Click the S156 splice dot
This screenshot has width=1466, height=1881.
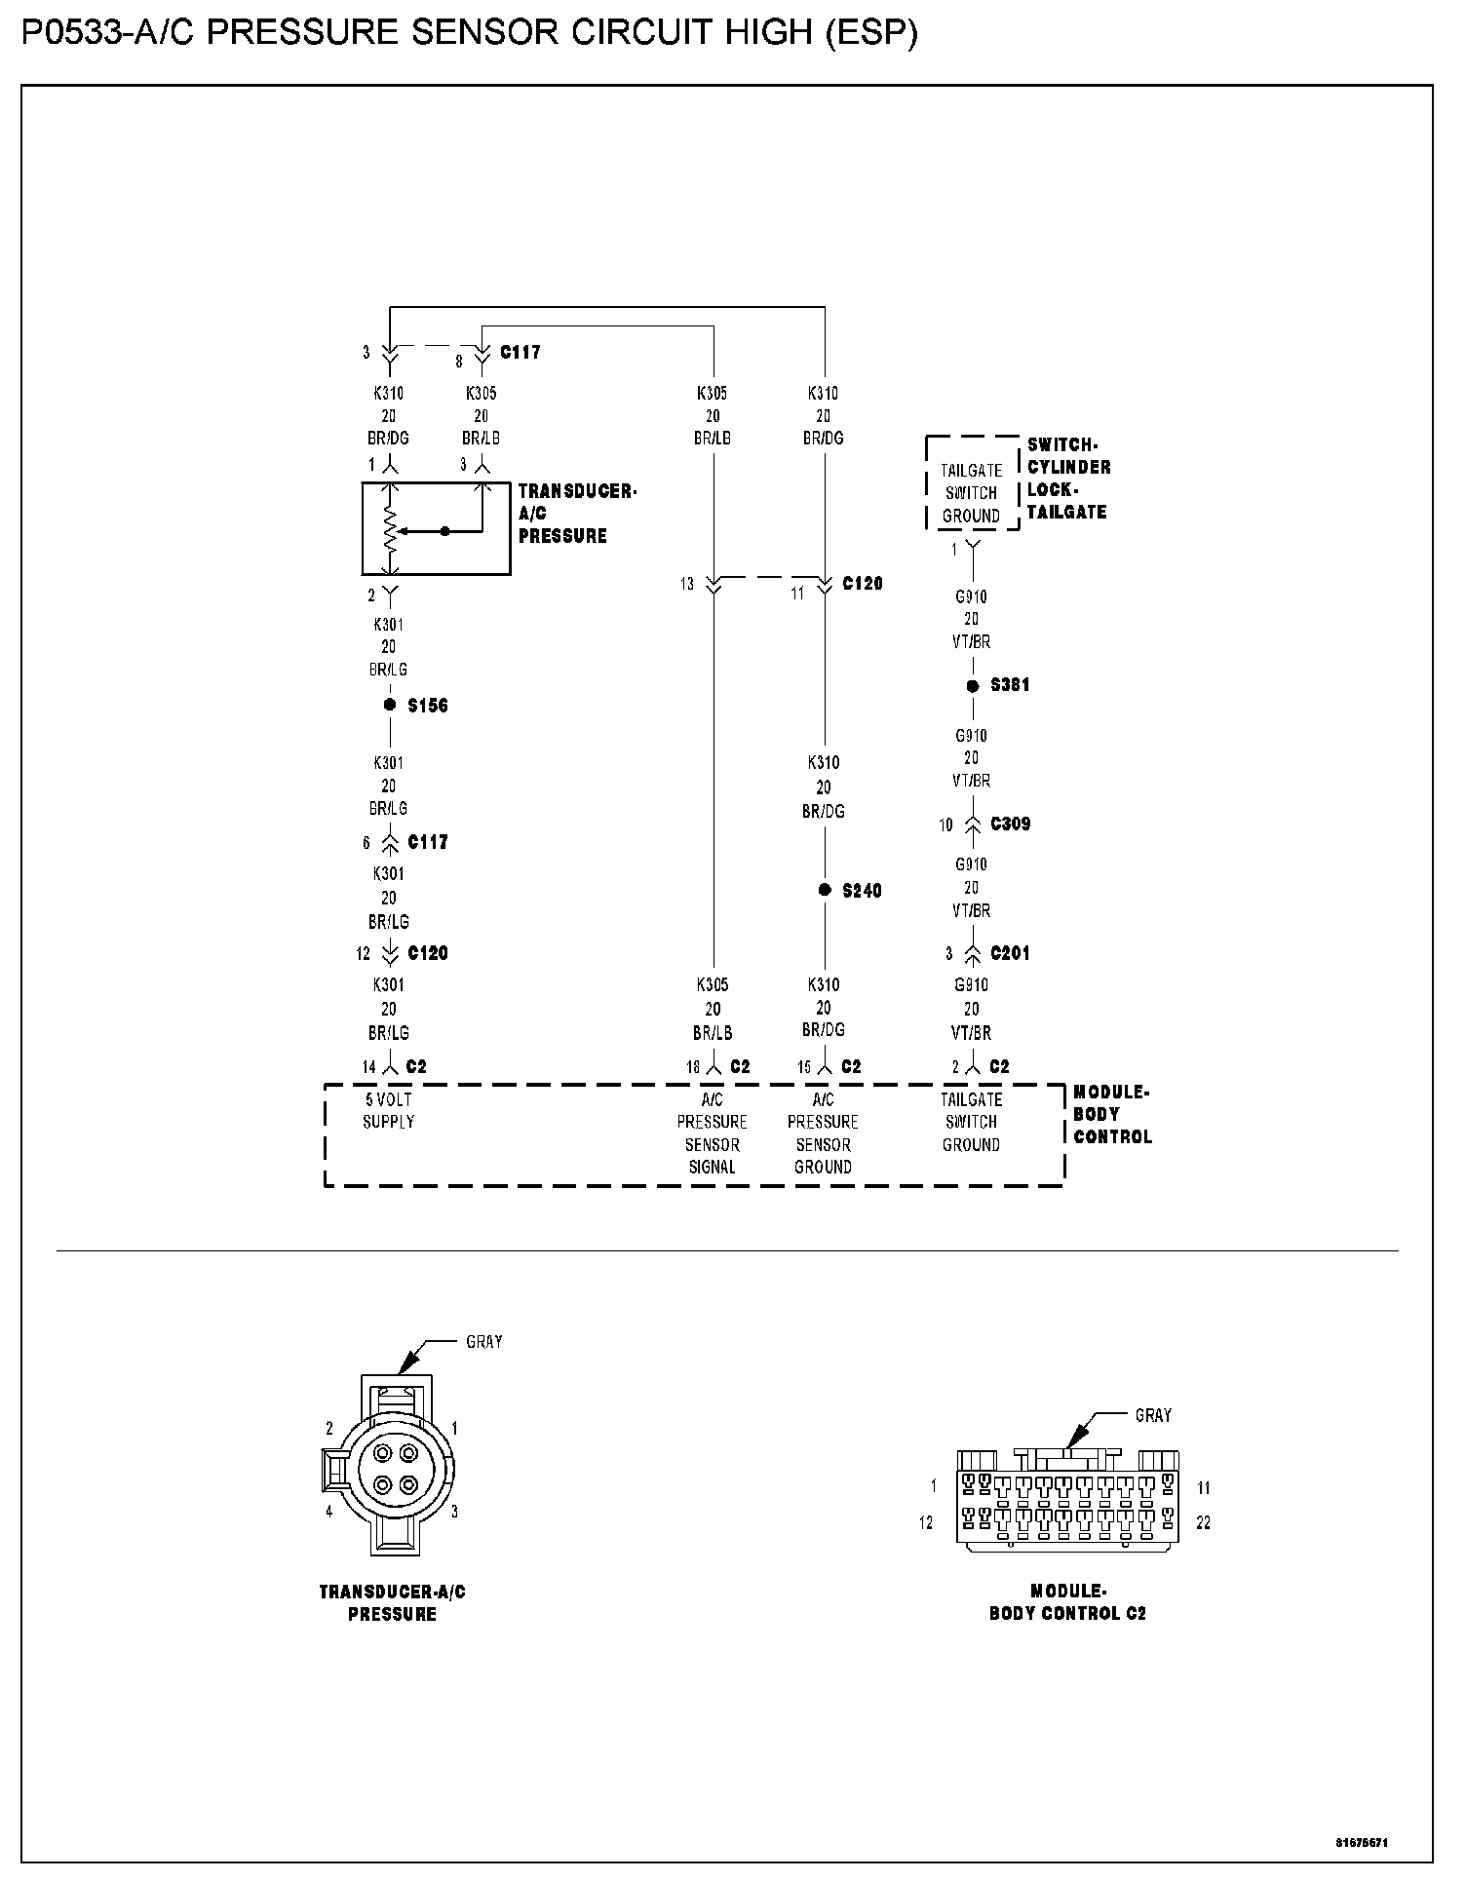[390, 705]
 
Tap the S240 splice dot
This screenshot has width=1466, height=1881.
[825, 890]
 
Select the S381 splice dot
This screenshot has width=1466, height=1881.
[972, 686]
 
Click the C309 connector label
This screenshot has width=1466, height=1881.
[1010, 824]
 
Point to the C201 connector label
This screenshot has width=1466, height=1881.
[1010, 953]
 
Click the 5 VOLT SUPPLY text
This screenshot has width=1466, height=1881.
[389, 1110]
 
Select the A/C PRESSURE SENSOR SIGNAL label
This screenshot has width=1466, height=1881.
[713, 1132]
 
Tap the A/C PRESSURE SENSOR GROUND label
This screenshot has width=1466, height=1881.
[824, 1132]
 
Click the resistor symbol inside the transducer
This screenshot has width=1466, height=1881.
[390, 531]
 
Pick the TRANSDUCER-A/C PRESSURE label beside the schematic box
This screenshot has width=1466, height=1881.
[576, 514]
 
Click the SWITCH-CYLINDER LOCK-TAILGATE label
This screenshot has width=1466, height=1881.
[1068, 479]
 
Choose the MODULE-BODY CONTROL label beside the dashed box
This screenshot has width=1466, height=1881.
[1112, 1115]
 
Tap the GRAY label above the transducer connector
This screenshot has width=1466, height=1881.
[484, 1342]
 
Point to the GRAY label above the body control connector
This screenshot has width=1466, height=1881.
[1153, 1415]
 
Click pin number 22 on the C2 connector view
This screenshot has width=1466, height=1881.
[1203, 1522]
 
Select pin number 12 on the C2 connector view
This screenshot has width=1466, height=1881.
[926, 1522]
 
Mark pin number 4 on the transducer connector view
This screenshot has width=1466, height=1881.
[329, 1512]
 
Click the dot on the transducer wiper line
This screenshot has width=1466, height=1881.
[445, 531]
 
